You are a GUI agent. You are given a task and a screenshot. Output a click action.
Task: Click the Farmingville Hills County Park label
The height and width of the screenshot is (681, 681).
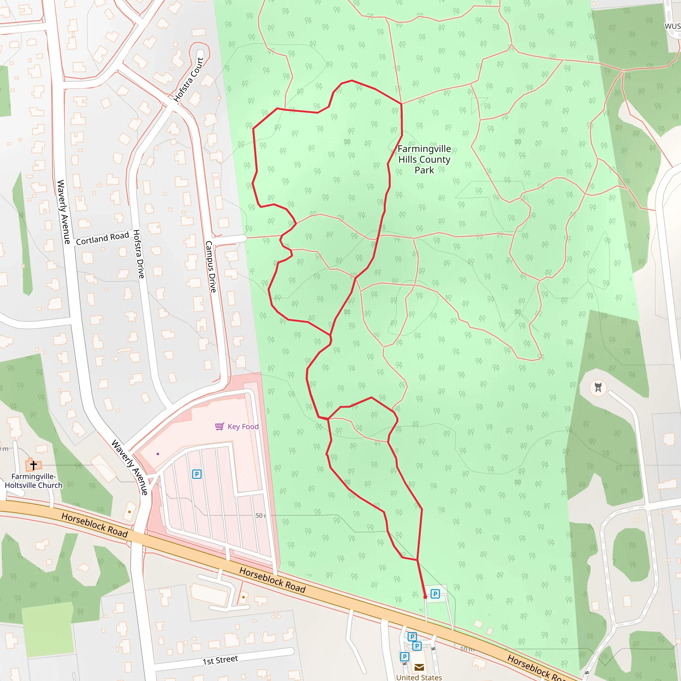[424, 159]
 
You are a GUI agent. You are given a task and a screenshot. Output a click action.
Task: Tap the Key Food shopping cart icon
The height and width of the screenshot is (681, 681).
[219, 427]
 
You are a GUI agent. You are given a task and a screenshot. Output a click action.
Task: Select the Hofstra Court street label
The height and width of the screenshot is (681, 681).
[189, 80]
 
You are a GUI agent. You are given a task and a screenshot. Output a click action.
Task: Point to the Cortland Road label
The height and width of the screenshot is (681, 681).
[102, 238]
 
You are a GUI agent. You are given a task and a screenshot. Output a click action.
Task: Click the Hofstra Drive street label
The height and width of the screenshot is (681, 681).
[139, 254]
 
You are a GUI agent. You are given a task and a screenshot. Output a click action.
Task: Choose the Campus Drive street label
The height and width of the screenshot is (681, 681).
[210, 266]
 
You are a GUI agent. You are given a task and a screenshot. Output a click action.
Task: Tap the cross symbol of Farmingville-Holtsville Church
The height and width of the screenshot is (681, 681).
[34, 465]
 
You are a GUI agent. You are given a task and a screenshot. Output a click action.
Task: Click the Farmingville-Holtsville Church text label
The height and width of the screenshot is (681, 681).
[34, 481]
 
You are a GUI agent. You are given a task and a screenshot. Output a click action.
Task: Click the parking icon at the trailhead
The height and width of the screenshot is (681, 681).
[435, 594]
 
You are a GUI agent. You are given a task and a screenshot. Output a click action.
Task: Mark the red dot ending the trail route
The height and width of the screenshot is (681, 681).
[425, 597]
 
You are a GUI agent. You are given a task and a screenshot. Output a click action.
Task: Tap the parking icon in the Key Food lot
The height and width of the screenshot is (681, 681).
[197, 474]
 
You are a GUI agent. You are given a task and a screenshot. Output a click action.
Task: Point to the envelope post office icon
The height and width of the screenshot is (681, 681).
[419, 667]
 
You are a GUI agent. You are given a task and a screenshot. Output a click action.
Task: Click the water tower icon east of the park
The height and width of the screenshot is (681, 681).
[598, 387]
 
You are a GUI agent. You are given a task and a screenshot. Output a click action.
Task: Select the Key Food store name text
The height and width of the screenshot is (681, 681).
[243, 427]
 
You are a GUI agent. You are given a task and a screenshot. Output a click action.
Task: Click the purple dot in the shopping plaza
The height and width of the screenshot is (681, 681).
[158, 454]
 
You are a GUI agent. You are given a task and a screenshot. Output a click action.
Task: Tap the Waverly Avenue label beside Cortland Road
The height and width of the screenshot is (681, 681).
[64, 211]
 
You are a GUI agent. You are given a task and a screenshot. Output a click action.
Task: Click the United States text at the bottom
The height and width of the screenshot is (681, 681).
[419, 677]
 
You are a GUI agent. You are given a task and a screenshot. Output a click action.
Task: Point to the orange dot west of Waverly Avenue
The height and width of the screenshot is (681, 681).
[130, 512]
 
